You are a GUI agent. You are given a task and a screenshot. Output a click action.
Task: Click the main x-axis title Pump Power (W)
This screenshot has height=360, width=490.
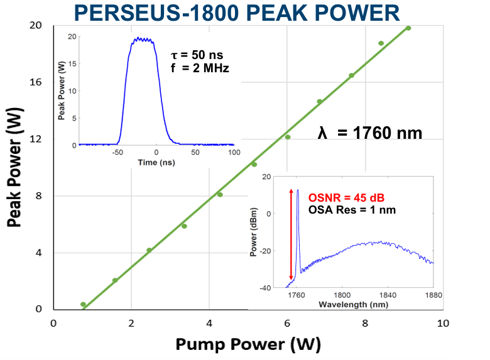(248, 344)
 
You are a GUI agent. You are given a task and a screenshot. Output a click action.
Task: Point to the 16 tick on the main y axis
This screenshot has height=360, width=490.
(36, 82)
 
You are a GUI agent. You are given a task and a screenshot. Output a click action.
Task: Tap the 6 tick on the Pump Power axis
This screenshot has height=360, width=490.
(287, 322)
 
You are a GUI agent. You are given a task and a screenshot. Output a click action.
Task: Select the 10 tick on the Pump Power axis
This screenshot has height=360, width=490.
(443, 322)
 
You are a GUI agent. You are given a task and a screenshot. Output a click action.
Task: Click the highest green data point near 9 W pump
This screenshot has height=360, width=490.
(408, 28)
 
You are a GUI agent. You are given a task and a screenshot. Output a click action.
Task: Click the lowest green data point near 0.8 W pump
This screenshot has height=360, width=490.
(83, 304)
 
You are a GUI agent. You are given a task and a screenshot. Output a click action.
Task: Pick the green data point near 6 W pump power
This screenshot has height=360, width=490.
(288, 137)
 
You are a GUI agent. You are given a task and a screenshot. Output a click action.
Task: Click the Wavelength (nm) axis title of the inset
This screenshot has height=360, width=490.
(352, 304)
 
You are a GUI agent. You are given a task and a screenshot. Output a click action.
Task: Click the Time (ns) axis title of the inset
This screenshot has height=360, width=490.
(156, 163)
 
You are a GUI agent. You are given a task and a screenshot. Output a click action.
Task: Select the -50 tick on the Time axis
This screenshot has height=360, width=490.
(117, 153)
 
